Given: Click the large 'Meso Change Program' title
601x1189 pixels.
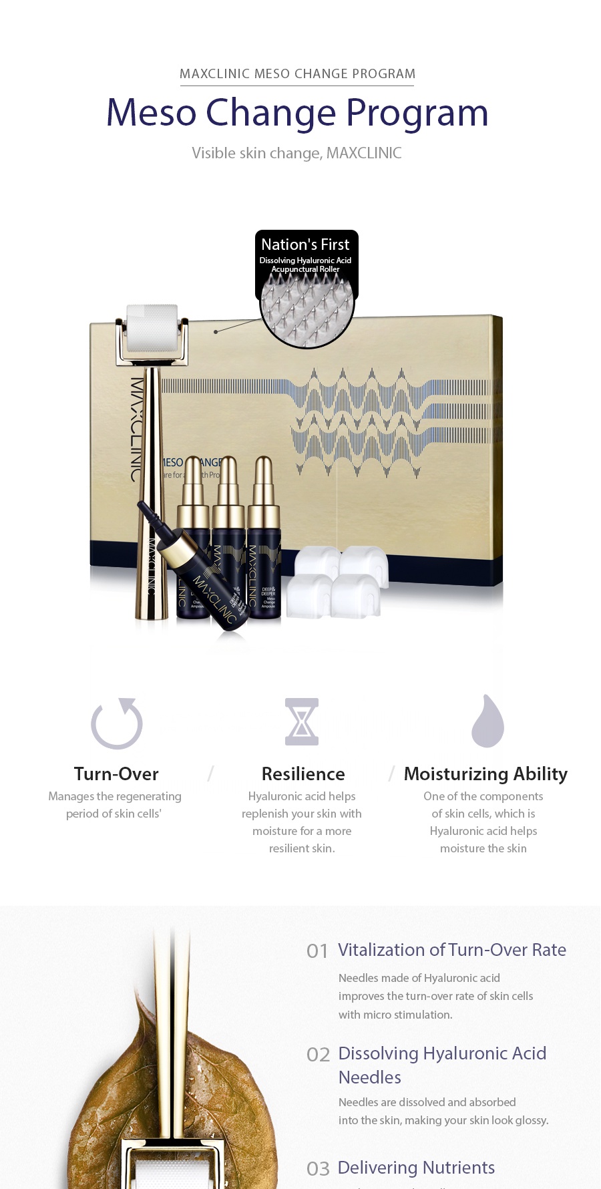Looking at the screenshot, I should tap(297, 112).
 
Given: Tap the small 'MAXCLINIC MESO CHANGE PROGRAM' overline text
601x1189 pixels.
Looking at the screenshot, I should tap(297, 73).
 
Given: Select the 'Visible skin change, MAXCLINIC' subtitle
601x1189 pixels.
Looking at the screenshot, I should tap(296, 153).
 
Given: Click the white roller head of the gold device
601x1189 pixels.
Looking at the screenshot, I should tap(152, 328).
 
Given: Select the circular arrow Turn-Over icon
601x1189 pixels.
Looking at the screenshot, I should tap(117, 723).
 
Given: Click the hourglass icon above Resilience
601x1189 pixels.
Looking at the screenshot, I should tap(302, 721).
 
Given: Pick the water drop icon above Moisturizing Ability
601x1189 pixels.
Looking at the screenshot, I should tap(487, 721).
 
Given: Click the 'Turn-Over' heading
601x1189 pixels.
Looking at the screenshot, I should tap(116, 774).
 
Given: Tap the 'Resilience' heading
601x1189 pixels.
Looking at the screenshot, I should tap(303, 774).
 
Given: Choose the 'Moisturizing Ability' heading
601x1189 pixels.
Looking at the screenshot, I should tap(485, 774).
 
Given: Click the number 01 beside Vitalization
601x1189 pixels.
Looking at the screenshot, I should tap(317, 951).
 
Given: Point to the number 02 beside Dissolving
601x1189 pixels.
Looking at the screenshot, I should tap(319, 1055).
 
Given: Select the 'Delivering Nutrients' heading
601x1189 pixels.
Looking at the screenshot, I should tap(416, 1168).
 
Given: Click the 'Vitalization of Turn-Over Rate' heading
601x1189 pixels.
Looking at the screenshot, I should tap(452, 950).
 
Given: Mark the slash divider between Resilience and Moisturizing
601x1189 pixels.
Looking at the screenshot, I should tap(392, 774).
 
